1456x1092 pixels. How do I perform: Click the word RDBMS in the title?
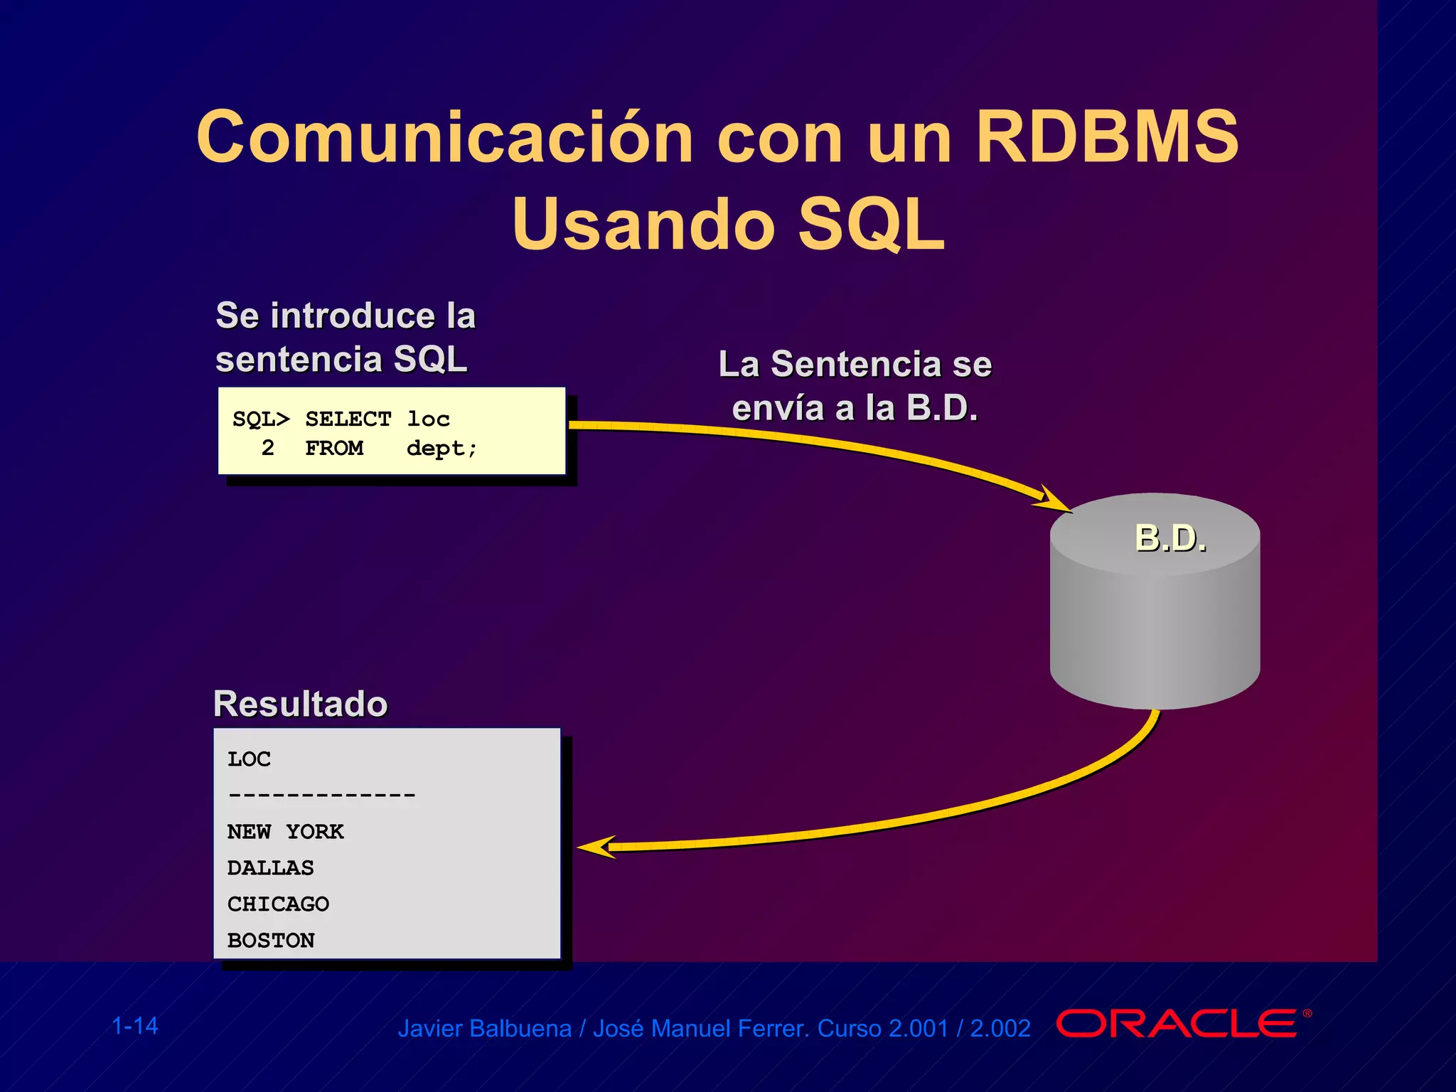coord(1106,136)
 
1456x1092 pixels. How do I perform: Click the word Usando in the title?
coord(643,225)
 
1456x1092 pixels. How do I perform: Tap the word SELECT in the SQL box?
coord(348,419)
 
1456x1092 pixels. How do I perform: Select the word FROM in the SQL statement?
coord(334,448)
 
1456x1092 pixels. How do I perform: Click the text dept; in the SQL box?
coord(441,449)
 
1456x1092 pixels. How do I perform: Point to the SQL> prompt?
coord(261,419)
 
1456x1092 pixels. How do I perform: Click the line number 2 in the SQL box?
coord(267,448)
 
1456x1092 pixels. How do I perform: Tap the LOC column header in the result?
coord(249,759)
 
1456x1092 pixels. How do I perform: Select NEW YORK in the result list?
coord(285,832)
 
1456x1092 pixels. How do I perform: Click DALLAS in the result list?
coord(270,868)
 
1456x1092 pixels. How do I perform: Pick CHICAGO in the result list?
coord(278,904)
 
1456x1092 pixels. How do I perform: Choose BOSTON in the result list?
coord(270,941)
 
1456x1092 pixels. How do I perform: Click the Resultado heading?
coord(300,704)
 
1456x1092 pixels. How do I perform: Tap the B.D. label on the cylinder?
coord(1170,538)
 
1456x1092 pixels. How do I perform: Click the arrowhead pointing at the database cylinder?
coord(1054,500)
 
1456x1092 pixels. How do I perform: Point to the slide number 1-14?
coord(135,1026)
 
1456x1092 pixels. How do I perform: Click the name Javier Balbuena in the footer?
coord(484,1029)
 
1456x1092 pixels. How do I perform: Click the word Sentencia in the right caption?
coord(856,364)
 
